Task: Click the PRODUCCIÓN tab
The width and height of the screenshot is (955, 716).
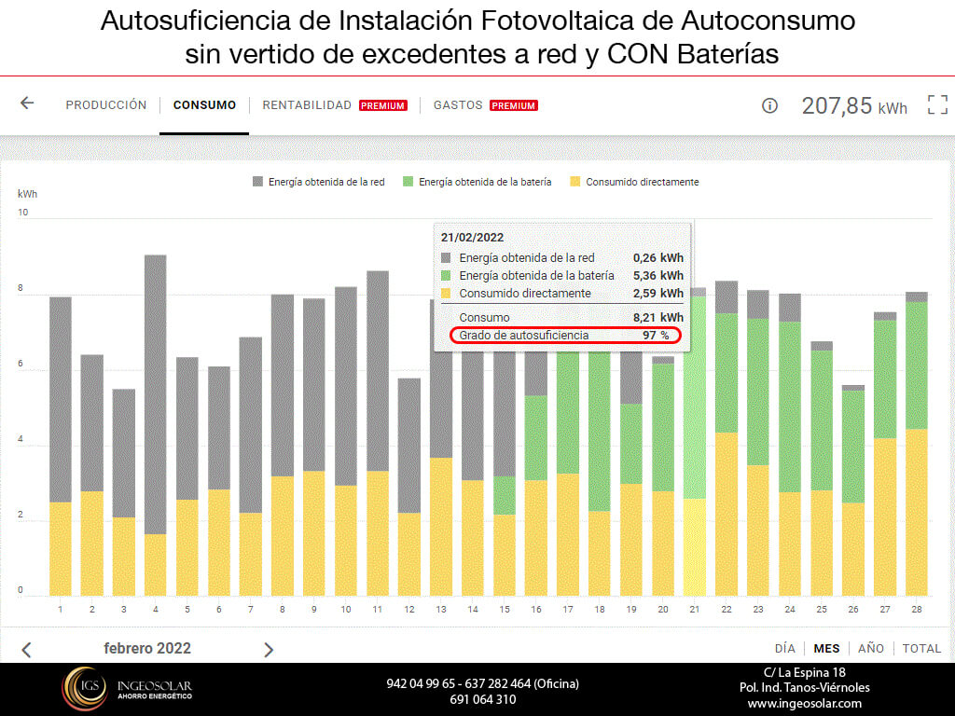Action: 106,105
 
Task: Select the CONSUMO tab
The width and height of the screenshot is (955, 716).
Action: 204,105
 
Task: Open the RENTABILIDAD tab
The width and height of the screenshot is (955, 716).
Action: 307,105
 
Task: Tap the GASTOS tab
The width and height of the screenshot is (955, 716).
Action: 458,105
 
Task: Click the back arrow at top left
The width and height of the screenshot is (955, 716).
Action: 27,103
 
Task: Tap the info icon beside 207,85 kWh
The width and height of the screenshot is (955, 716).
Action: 769,105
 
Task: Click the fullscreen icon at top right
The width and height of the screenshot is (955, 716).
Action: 936,104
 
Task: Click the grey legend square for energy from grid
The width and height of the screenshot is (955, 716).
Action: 257,182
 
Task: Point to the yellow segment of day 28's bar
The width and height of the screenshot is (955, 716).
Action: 917,512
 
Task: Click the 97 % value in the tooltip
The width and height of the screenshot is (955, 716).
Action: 657,335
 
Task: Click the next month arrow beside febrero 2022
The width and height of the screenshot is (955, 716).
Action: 269,650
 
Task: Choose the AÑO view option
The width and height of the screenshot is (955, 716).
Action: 870,648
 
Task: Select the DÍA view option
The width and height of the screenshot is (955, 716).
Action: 785,648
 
